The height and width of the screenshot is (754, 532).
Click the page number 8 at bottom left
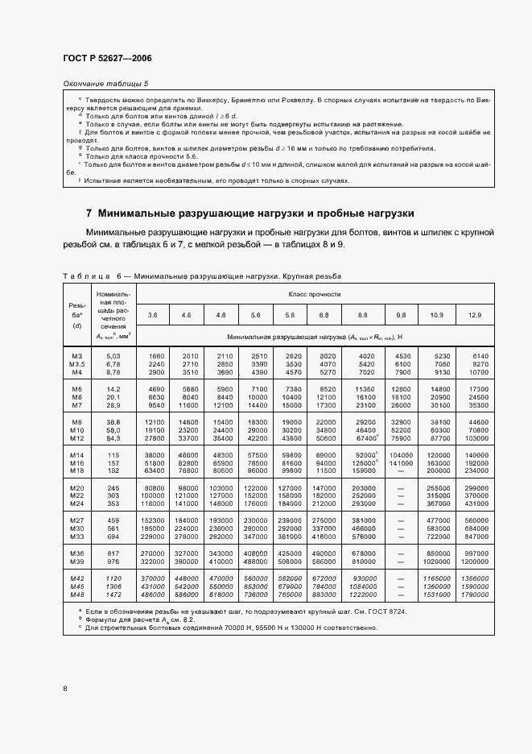(x=64, y=688)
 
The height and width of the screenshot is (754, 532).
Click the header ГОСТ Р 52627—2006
(x=107, y=59)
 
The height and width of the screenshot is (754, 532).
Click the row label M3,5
(x=76, y=364)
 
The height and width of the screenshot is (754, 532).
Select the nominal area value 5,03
(x=113, y=356)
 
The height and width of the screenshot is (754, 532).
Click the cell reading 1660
(x=156, y=356)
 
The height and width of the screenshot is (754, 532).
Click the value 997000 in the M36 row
(x=476, y=554)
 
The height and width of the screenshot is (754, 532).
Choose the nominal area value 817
(x=113, y=554)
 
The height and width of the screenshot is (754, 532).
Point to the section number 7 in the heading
(x=89, y=213)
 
